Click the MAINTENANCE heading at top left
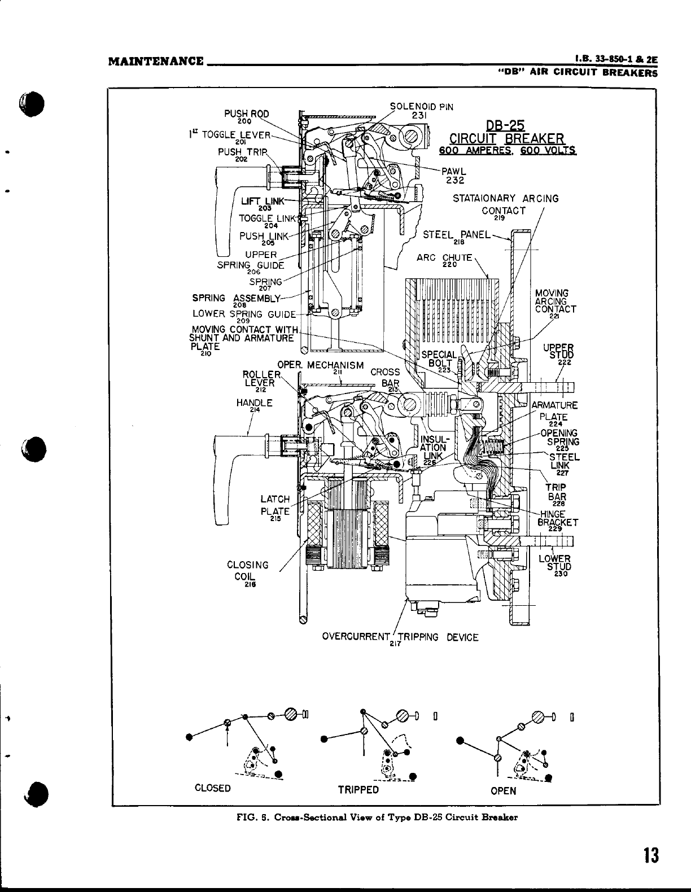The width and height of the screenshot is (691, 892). pos(156,60)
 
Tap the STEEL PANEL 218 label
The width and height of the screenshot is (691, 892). pos(457,236)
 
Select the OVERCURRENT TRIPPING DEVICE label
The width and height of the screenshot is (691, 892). pos(400,638)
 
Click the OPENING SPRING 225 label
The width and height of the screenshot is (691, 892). pos(559,438)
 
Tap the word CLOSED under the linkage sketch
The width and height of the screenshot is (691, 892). pos(212,788)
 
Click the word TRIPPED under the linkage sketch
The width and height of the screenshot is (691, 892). pos(358,790)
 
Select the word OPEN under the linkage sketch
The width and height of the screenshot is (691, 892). pos(503,790)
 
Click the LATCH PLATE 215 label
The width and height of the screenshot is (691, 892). pos(275,506)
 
